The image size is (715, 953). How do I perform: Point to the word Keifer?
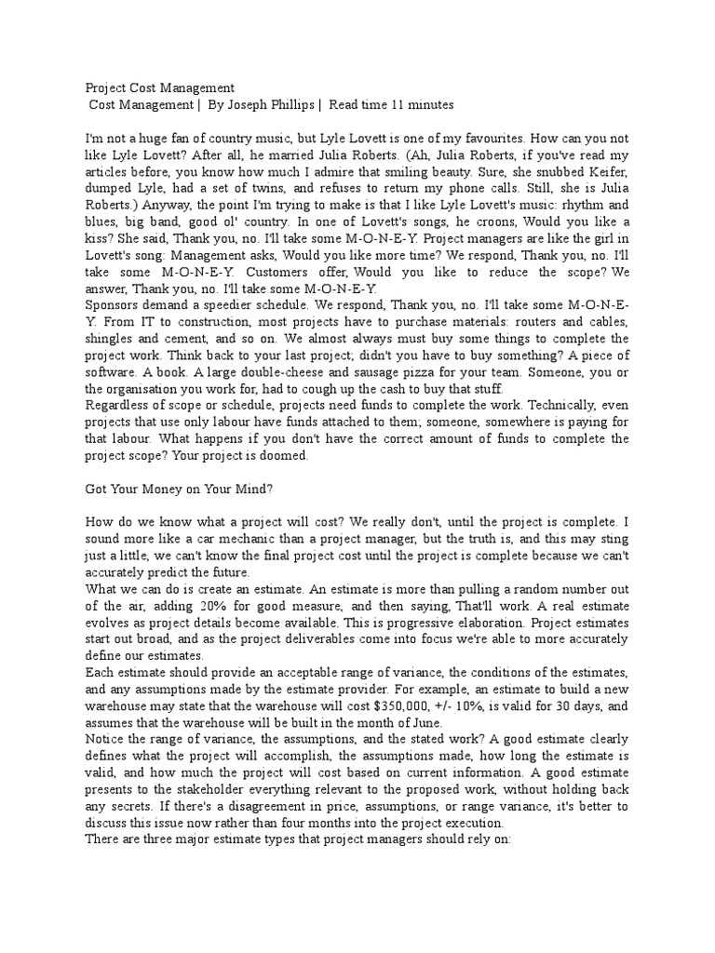(x=607, y=171)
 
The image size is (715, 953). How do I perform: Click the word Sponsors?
(x=114, y=304)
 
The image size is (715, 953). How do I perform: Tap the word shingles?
(x=110, y=338)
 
